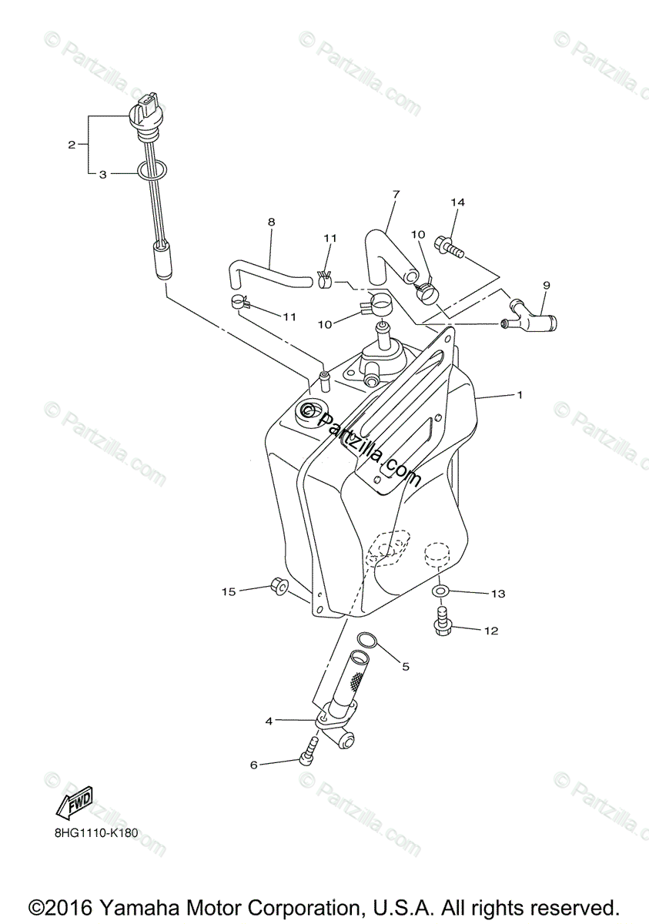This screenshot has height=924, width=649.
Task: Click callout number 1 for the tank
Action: click(520, 395)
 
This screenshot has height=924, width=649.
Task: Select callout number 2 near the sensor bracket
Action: click(72, 144)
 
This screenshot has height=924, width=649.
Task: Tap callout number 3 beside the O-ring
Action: click(102, 175)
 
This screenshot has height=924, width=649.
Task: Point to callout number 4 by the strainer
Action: click(269, 721)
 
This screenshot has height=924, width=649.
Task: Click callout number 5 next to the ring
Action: click(406, 667)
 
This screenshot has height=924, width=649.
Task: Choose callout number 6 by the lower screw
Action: click(253, 765)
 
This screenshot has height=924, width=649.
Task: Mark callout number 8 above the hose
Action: click(271, 222)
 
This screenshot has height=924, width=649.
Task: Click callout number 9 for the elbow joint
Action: click(546, 285)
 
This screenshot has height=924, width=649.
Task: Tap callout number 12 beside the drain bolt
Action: click(491, 631)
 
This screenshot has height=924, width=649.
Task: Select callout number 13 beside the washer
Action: click(498, 594)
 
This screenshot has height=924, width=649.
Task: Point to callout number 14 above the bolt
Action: click(458, 203)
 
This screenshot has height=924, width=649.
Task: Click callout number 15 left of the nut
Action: click(229, 591)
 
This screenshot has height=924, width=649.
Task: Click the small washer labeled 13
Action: click(439, 590)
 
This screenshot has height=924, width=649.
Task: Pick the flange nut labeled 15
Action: click(280, 588)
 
